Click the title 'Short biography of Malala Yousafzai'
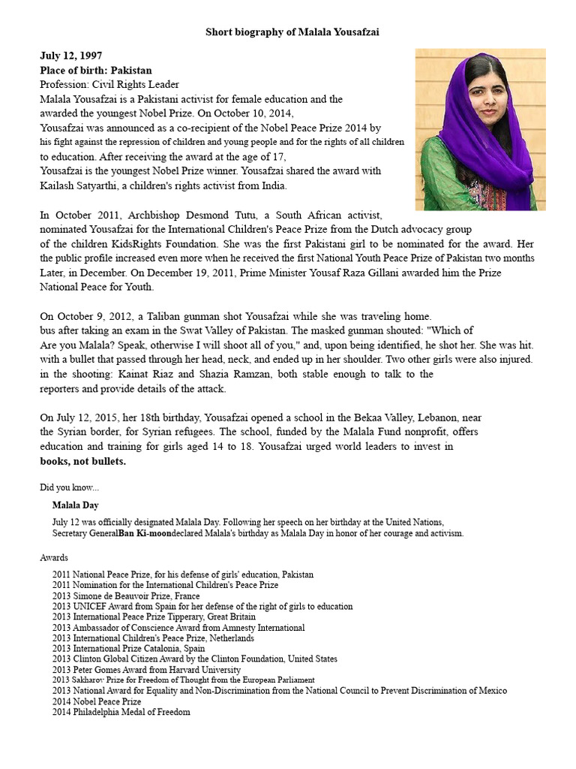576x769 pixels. click(x=298, y=32)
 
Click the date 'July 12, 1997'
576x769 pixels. click(x=71, y=56)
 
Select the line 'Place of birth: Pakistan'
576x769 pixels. click(x=95, y=70)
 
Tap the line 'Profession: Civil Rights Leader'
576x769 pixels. click(x=109, y=84)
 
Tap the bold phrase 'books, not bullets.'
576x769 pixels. click(x=82, y=461)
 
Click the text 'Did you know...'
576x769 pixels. click(x=69, y=487)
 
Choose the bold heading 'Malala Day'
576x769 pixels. click(x=75, y=505)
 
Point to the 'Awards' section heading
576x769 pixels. click(x=54, y=558)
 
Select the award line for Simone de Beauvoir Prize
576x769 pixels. click(x=126, y=596)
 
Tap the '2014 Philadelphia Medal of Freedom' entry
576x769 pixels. click(x=121, y=712)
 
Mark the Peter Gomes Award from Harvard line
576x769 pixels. click(x=146, y=669)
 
